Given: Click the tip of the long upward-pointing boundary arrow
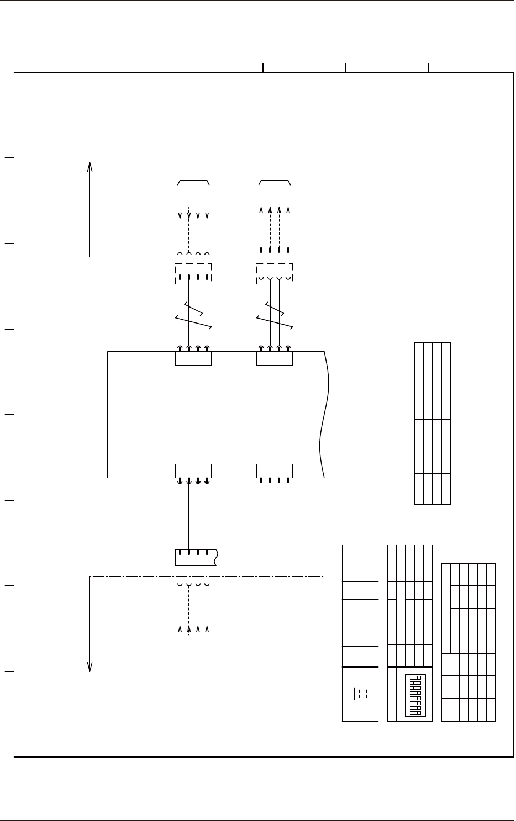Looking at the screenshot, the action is click(x=89, y=162).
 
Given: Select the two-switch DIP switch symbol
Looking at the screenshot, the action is click(x=364, y=693).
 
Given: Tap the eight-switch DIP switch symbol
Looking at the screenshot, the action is click(x=413, y=695).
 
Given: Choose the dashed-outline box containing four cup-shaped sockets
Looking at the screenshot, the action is click(x=275, y=274).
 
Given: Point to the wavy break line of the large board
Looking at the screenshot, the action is click(x=324, y=414).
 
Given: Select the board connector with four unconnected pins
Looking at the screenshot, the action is click(x=275, y=471).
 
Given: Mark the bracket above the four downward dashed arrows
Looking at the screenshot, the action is click(x=193, y=181).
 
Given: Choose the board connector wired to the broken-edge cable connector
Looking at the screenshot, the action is click(x=193, y=471).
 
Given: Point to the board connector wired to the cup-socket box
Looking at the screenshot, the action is click(x=275, y=358).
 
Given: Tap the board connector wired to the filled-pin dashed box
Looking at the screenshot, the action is click(x=193, y=358).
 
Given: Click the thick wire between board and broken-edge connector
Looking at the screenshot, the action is click(x=189, y=516).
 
